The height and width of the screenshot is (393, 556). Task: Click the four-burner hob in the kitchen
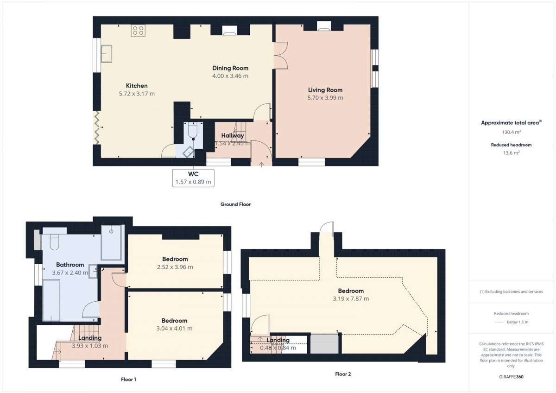[138, 31]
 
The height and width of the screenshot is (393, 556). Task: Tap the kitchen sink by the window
[106, 53]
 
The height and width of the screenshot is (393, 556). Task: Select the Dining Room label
[230, 68]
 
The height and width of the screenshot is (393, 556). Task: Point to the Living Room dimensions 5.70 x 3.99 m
[325, 98]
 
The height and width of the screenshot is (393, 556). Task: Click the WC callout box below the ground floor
[193, 178]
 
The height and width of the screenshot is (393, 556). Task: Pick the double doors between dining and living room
[280, 55]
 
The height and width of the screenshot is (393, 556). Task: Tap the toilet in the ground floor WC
[193, 131]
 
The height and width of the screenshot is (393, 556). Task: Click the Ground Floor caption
[235, 204]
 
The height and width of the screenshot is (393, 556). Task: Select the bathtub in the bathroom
[51, 300]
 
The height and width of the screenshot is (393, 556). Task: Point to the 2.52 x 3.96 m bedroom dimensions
[175, 267]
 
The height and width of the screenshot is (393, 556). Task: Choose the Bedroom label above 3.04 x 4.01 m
[174, 321]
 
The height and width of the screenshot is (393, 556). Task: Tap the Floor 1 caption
[128, 380]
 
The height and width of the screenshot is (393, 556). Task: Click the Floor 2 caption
[343, 374]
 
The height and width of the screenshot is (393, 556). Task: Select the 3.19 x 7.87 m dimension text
[351, 298]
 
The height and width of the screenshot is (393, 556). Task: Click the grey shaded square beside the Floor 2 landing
[324, 343]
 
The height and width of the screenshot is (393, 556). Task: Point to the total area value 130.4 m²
[512, 132]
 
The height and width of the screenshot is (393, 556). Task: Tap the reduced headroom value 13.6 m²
[512, 153]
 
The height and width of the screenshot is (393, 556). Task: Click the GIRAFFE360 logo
[512, 377]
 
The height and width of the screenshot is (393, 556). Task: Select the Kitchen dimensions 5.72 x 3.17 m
[137, 94]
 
